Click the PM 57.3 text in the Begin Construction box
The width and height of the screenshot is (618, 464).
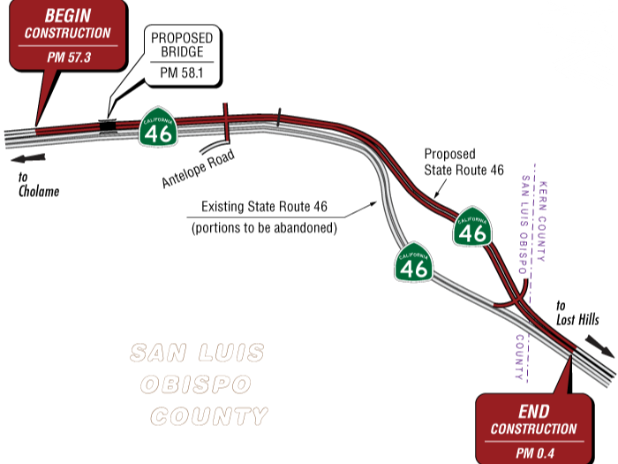point(68,57)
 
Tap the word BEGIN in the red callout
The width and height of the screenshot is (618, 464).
point(68,15)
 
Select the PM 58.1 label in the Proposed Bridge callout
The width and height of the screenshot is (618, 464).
point(181,73)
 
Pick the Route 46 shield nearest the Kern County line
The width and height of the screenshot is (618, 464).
point(473,229)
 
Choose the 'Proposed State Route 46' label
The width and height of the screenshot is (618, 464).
point(463,161)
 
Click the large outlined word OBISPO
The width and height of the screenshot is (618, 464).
point(196,385)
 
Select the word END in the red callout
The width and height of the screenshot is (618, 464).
point(533,411)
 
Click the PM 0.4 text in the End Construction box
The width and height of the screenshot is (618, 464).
point(533,452)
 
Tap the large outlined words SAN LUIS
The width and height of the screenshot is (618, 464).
point(197,354)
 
